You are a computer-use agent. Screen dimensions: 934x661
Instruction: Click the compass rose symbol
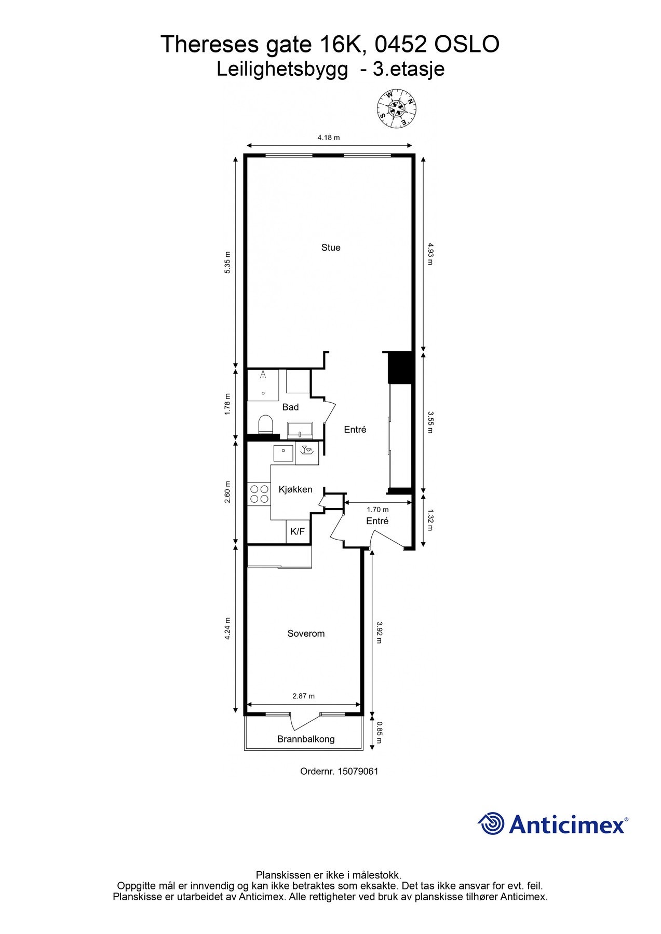pyautogui.click(x=397, y=108)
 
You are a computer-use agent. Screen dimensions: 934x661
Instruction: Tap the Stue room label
pyautogui.click(x=331, y=248)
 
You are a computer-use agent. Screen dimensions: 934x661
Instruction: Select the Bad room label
pyautogui.click(x=290, y=407)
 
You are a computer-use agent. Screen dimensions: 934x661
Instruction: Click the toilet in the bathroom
pyautogui.click(x=265, y=424)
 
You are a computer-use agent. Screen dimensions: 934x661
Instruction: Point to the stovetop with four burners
pyautogui.click(x=259, y=494)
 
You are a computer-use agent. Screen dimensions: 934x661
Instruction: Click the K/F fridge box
pyautogui.click(x=298, y=532)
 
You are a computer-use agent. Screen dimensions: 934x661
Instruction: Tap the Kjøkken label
pyautogui.click(x=295, y=489)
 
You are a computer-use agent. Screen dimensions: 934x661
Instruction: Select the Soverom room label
pyautogui.click(x=306, y=634)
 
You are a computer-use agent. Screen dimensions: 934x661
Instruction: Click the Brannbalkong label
pyautogui.click(x=306, y=739)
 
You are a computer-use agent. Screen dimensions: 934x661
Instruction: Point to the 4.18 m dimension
pyautogui.click(x=329, y=138)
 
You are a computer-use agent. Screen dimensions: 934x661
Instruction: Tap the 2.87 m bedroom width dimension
pyautogui.click(x=304, y=696)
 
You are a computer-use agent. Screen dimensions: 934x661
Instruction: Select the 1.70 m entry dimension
pyautogui.click(x=377, y=510)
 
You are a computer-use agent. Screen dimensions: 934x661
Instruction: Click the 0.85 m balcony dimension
pyautogui.click(x=380, y=732)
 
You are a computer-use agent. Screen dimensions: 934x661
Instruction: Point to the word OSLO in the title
pyautogui.click(x=466, y=45)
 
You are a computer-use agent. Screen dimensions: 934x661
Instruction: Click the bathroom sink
pyautogui.click(x=300, y=429)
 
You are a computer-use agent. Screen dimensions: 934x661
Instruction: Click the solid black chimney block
pyautogui.click(x=400, y=367)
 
